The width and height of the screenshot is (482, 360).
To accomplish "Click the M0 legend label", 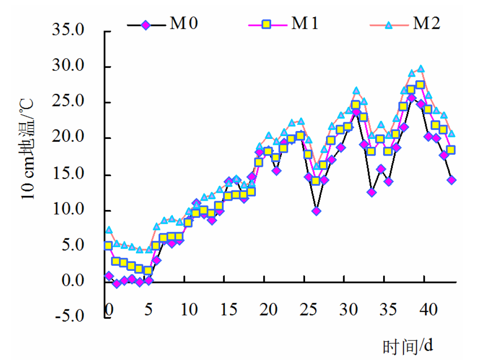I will click(x=183, y=24).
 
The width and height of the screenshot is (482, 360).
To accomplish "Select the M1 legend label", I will click(x=305, y=24).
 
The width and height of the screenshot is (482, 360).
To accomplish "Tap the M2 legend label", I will click(x=426, y=24).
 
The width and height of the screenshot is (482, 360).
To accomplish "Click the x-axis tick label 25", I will click(x=308, y=309).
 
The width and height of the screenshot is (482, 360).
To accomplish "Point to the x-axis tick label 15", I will click(x=228, y=309).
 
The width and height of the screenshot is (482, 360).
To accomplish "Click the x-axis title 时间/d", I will click(x=408, y=346).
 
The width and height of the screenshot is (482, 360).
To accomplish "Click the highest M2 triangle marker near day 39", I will click(x=421, y=69).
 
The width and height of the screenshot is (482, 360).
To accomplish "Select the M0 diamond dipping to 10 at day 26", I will click(x=316, y=211).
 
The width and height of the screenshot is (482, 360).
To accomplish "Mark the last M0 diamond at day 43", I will click(x=451, y=180).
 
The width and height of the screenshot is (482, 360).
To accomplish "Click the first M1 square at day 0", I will click(x=108, y=245).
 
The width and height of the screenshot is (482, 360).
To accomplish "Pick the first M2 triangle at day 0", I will click(x=109, y=229).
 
